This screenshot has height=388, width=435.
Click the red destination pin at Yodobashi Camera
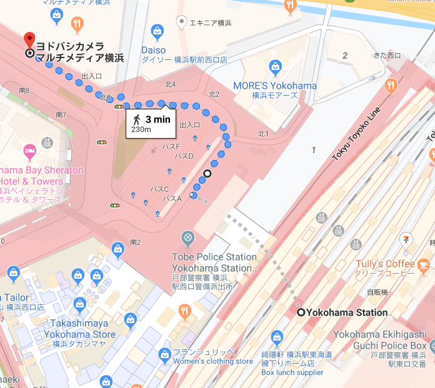pyautogui.click(x=29, y=39)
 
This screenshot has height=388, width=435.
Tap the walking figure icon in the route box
pyautogui.click(x=136, y=119)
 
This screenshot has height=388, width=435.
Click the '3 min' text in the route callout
pyautogui.click(x=157, y=119)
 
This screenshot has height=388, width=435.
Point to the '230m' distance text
pyautogui.click(x=141, y=130)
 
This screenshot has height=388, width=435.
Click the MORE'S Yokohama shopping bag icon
pyautogui.click(x=275, y=66)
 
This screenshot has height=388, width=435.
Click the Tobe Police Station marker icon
pyautogui.click(x=187, y=238)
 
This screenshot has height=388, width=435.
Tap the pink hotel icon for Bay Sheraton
pyautogui.click(x=29, y=151)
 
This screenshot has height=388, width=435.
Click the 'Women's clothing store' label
pyautogui.click(x=212, y=361)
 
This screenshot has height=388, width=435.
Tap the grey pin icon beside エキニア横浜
pyautogui.click(x=181, y=22)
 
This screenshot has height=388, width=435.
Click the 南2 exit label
pyautogui.click(x=135, y=242)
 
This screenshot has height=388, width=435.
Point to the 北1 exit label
pyautogui.click(x=263, y=134)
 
